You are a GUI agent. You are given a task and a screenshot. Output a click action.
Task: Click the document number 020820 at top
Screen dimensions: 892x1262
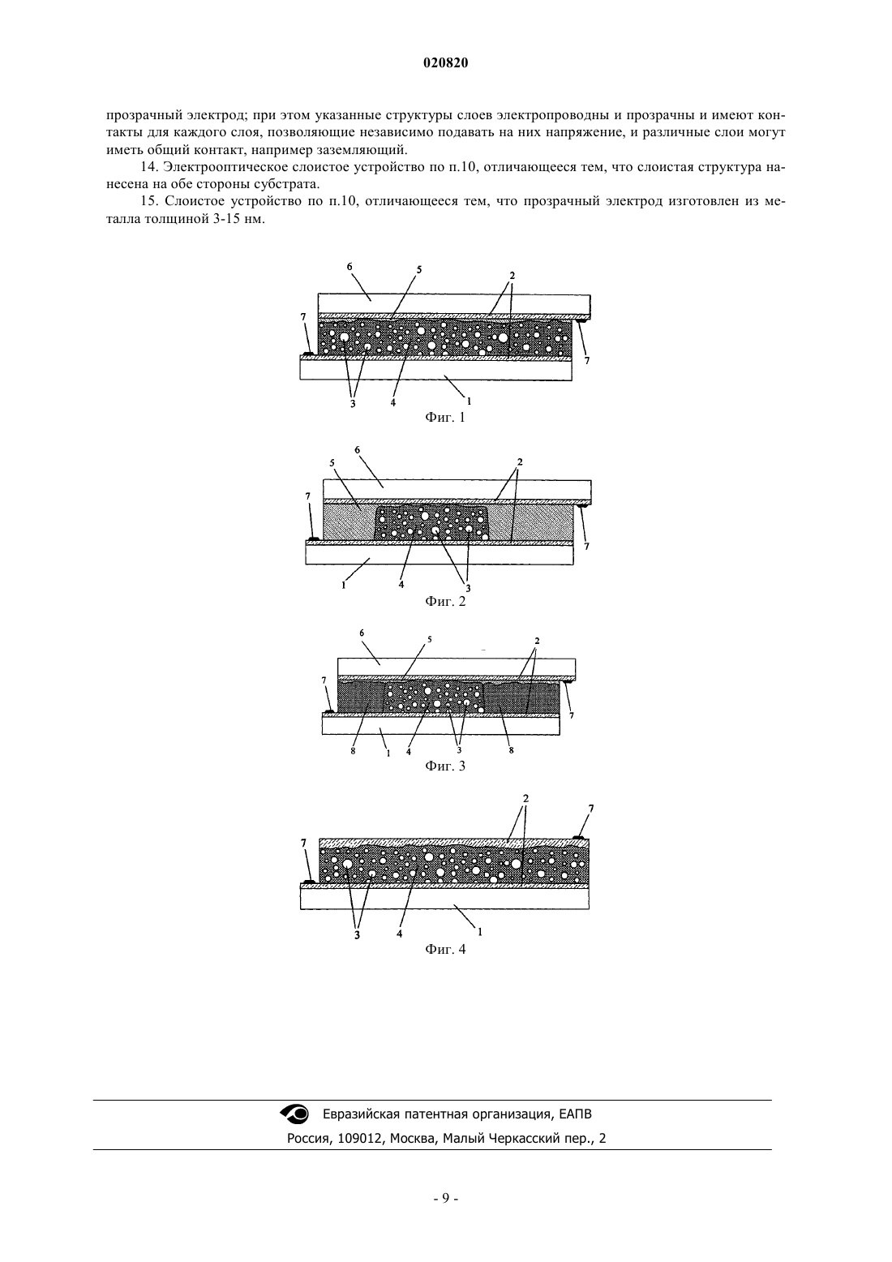pos(445,63)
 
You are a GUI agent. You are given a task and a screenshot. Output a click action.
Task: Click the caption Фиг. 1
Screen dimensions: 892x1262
pos(445,418)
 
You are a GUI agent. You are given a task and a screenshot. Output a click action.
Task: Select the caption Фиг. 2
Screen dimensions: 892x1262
pos(445,601)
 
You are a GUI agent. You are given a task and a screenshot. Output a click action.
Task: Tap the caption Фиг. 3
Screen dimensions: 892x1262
pos(445,766)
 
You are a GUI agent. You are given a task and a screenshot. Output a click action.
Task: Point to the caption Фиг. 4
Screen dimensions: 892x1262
pos(445,949)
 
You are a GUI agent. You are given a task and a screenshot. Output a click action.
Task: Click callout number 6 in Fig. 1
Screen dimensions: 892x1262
pos(350,267)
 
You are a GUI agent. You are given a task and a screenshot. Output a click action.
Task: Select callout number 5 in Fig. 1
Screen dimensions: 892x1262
pos(419,270)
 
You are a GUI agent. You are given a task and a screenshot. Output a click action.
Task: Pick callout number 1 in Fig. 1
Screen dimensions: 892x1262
pos(469,401)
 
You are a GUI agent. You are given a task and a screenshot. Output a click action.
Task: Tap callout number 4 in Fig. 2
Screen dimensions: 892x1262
pos(401,585)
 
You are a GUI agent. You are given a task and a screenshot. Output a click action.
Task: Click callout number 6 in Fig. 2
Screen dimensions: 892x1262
pos(357,450)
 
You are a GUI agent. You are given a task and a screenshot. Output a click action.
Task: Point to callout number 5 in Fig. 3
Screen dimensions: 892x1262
pos(429,640)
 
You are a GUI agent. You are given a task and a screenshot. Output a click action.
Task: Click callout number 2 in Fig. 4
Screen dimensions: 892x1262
pos(525,799)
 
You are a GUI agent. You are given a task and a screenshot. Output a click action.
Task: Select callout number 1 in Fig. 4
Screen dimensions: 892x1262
pos(480,933)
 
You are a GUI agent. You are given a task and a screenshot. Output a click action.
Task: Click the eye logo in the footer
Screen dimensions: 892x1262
pos(294,1114)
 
